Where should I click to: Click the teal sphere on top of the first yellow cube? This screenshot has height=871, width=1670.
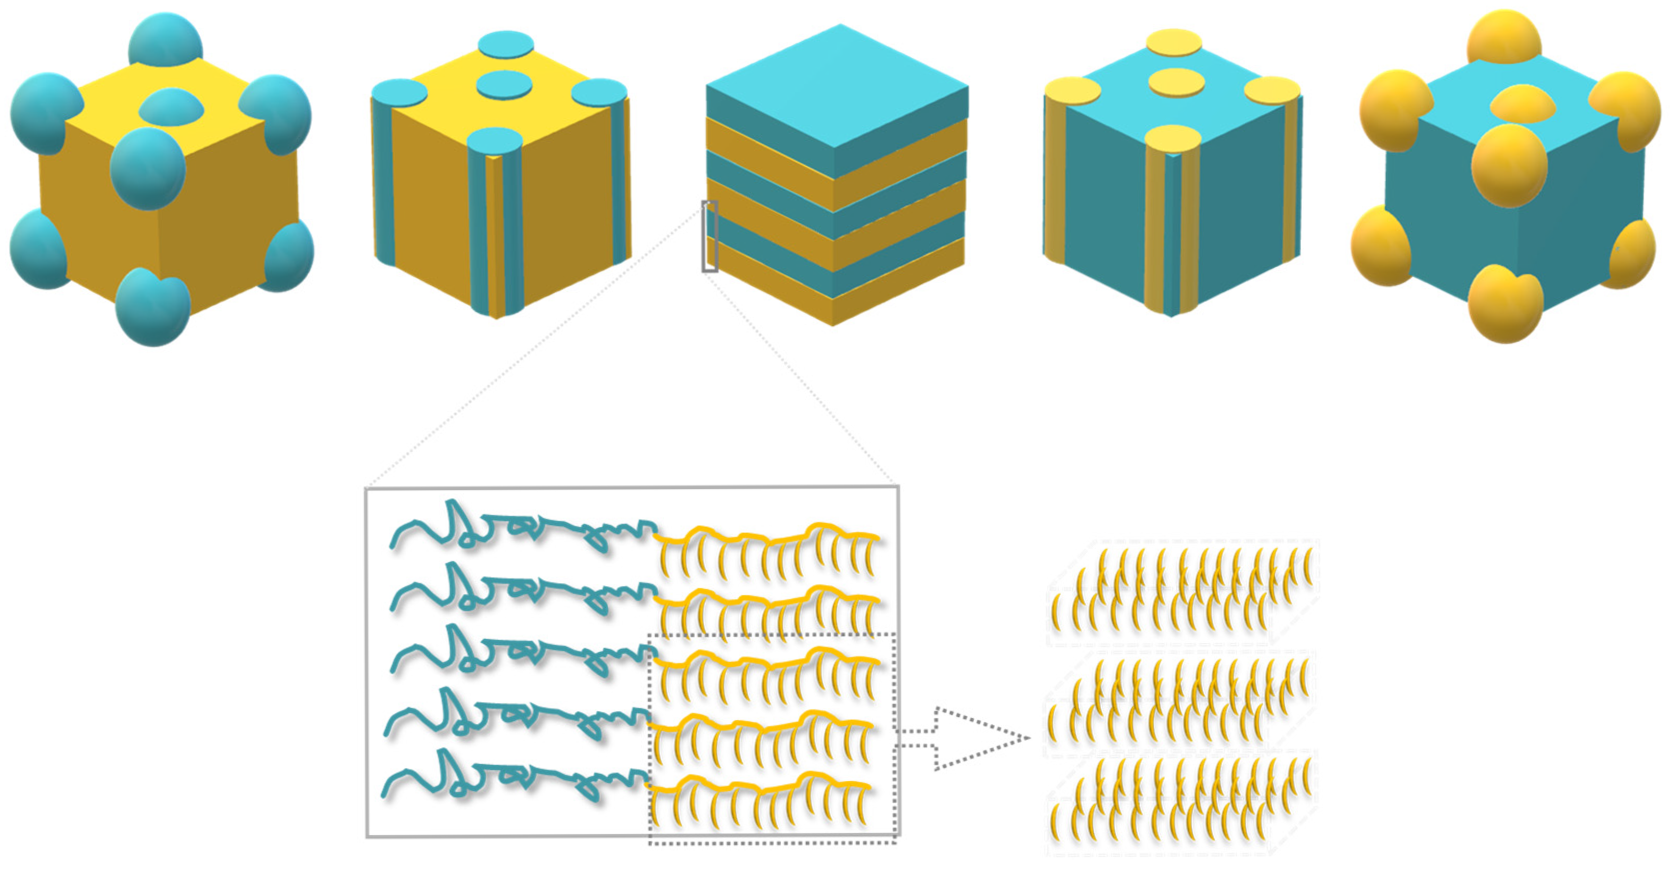[x=165, y=40]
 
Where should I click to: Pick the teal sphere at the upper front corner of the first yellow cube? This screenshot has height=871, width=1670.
[x=148, y=168]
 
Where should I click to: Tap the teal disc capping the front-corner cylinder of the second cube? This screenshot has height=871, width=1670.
[x=494, y=142]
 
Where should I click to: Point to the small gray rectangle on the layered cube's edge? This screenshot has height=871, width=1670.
[x=710, y=236]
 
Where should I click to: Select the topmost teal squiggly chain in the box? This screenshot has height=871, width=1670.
[x=519, y=529]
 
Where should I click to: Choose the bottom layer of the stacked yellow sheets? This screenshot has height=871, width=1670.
[x=1180, y=804]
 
